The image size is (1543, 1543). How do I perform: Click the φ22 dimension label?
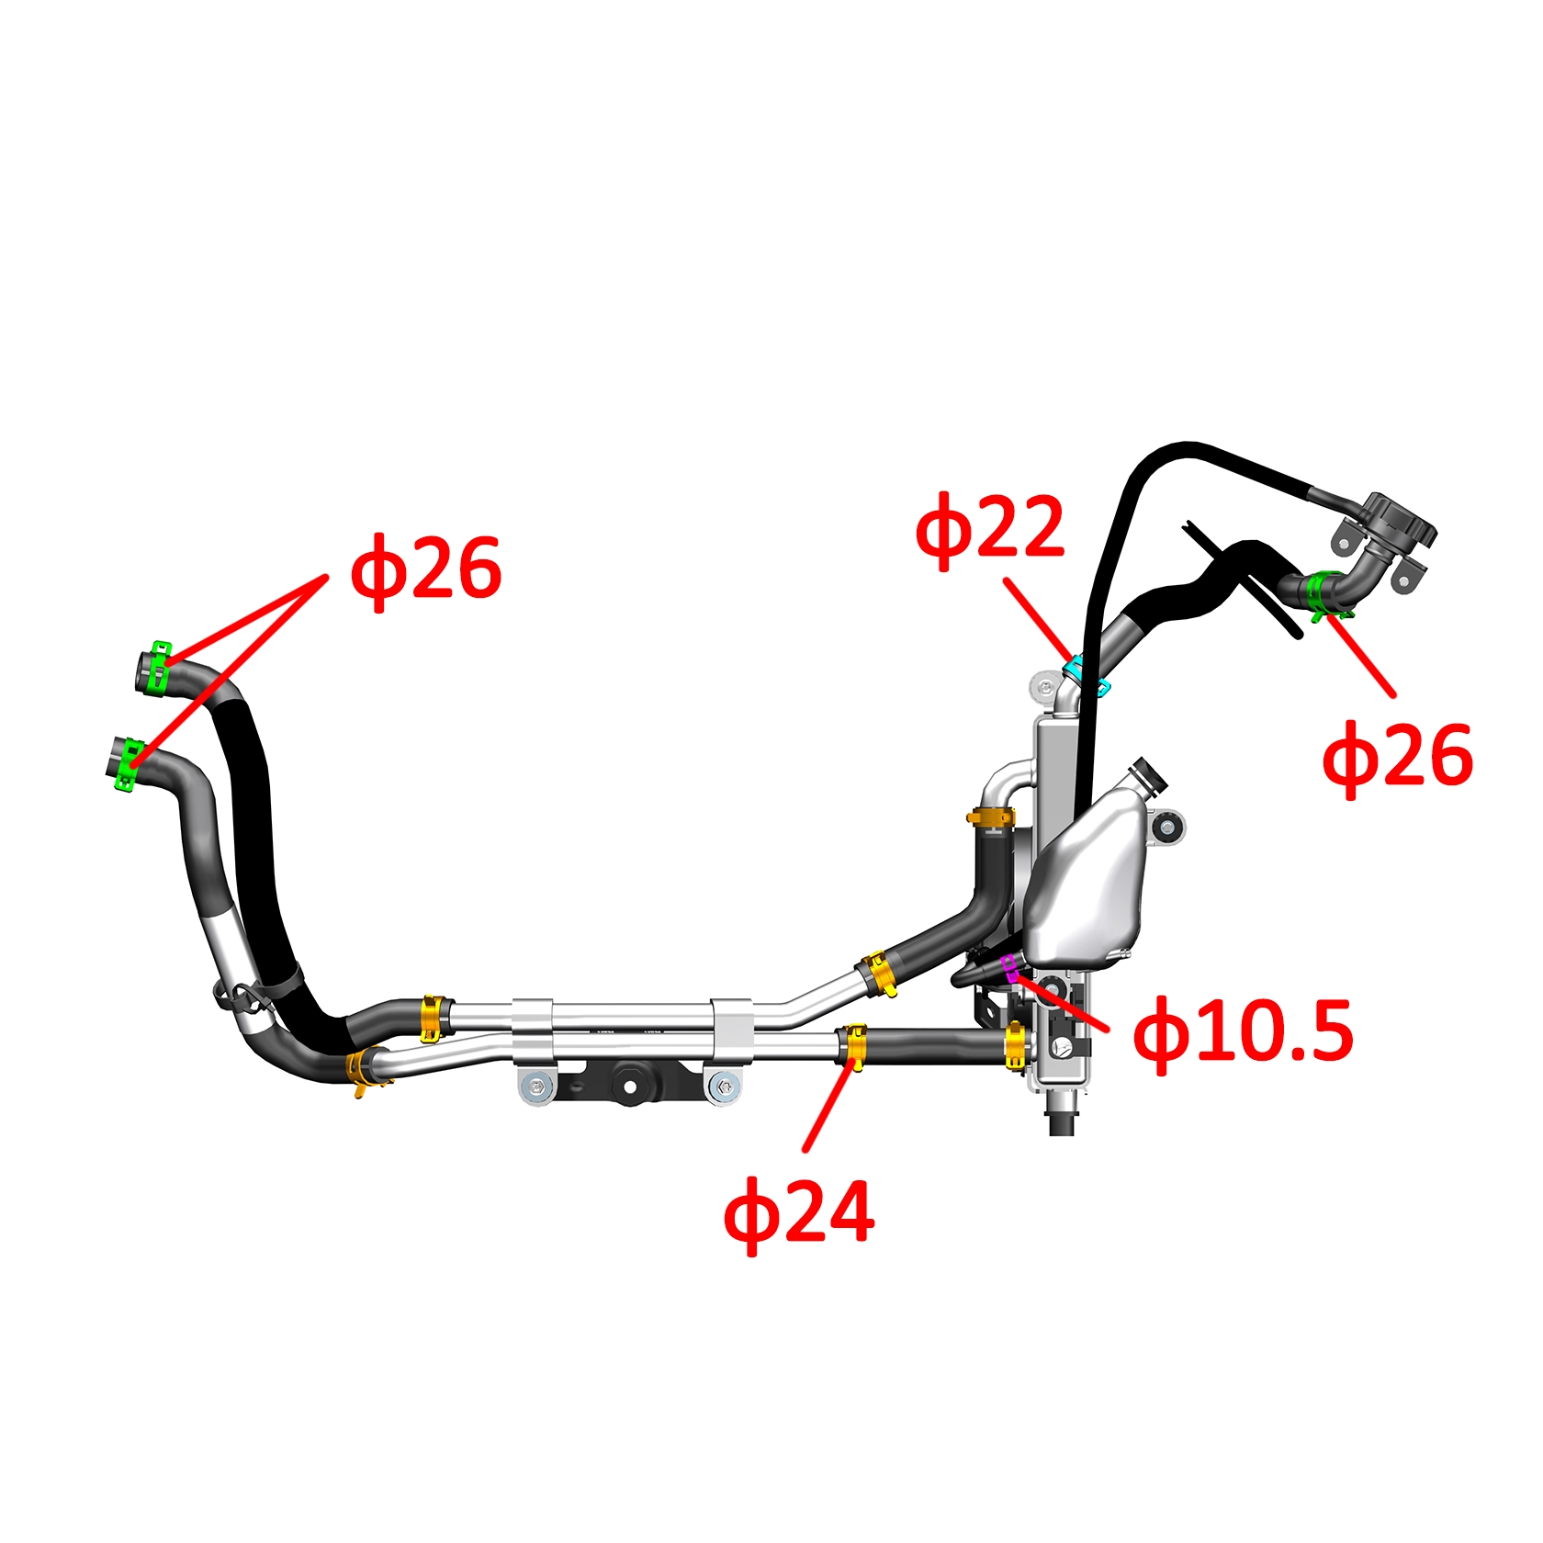point(990,531)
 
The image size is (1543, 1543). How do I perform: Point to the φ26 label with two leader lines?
point(426,571)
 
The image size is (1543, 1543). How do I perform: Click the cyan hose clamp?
point(1087,675)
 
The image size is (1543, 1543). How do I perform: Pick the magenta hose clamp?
point(1010,967)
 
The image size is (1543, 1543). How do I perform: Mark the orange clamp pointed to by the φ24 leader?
point(856,1048)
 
